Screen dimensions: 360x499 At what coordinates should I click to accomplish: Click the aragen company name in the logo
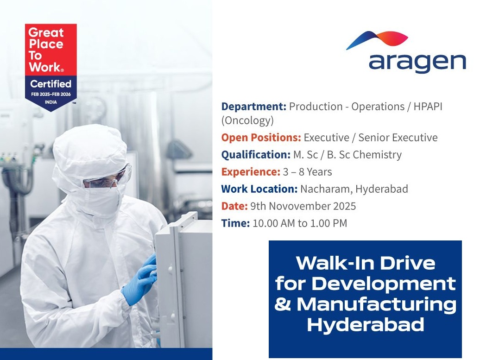coord(417,63)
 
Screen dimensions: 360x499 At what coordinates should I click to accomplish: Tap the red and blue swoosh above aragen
coord(378,39)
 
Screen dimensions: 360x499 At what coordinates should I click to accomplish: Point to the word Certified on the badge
coord(51,84)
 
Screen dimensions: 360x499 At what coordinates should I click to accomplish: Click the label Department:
coord(253,107)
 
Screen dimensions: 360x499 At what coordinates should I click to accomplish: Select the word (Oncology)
coord(247,121)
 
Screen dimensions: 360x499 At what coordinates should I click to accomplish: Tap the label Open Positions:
coord(261,138)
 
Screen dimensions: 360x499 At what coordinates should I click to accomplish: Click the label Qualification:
coord(255,155)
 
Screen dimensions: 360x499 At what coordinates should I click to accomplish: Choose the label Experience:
coord(250,172)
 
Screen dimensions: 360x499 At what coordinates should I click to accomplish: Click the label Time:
coord(235,223)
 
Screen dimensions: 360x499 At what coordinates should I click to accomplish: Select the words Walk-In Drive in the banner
coord(366,263)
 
